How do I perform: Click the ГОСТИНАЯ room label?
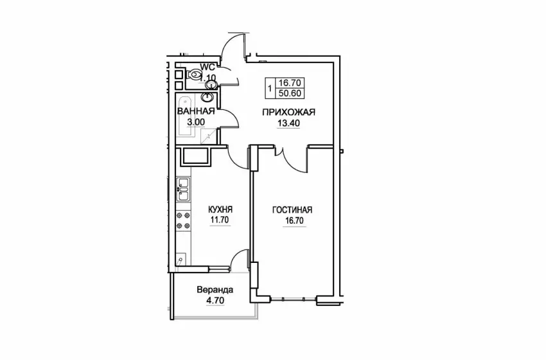point(292,210)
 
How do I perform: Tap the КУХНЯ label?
point(220,210)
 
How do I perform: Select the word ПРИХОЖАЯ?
point(288,113)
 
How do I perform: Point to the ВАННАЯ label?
point(195,111)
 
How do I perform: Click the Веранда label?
point(215,289)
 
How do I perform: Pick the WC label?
point(207,67)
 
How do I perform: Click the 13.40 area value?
point(288,123)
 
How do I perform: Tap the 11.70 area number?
point(220,220)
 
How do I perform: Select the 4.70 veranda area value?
point(215,300)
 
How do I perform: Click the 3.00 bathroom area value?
point(196,122)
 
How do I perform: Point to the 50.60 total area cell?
point(290,93)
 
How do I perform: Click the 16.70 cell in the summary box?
point(290,83)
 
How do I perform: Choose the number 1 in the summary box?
point(270,88)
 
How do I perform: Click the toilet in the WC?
point(193,74)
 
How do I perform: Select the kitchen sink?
point(183,189)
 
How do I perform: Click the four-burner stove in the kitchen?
point(184,221)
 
